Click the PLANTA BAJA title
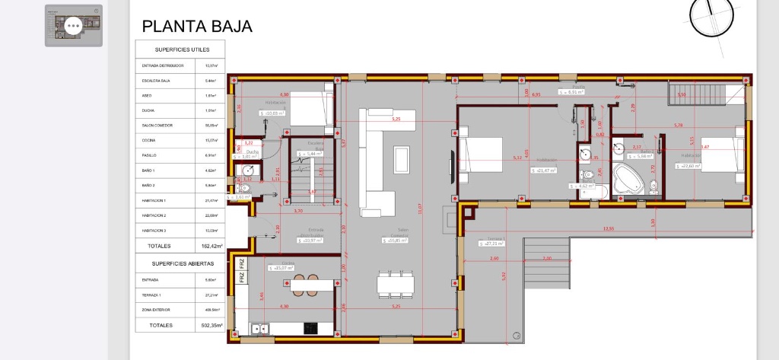point(197,27)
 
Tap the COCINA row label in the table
point(149,140)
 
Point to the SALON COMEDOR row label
point(157,125)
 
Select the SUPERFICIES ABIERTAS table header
point(183,263)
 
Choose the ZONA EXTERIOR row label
point(157,310)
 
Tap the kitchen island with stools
point(312,284)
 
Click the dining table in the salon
point(396,284)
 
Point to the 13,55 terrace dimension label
point(608,228)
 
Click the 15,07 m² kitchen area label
point(281,268)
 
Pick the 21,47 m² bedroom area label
point(545,170)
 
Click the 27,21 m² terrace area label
point(491,244)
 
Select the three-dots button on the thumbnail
point(74,25)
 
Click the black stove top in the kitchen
point(310,328)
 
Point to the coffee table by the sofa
point(401,158)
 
